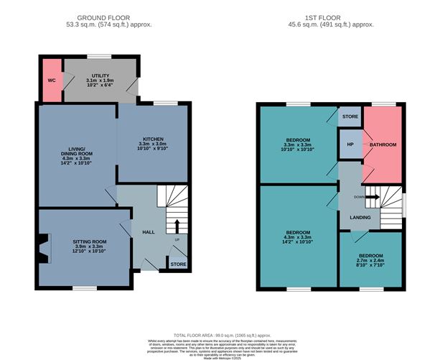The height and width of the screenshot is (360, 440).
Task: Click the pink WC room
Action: point(51,80)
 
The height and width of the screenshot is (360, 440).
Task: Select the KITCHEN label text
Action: point(154,139)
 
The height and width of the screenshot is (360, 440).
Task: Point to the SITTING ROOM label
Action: point(90,242)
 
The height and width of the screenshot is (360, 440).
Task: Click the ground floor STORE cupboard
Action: point(177,264)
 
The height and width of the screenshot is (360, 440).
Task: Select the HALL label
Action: point(149,232)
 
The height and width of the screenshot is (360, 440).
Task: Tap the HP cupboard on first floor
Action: point(350,144)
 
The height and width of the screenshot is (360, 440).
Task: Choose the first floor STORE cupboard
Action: point(350,116)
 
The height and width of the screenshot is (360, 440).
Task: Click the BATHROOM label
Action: point(383,145)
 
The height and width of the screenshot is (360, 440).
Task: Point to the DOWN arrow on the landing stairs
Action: point(372,196)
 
